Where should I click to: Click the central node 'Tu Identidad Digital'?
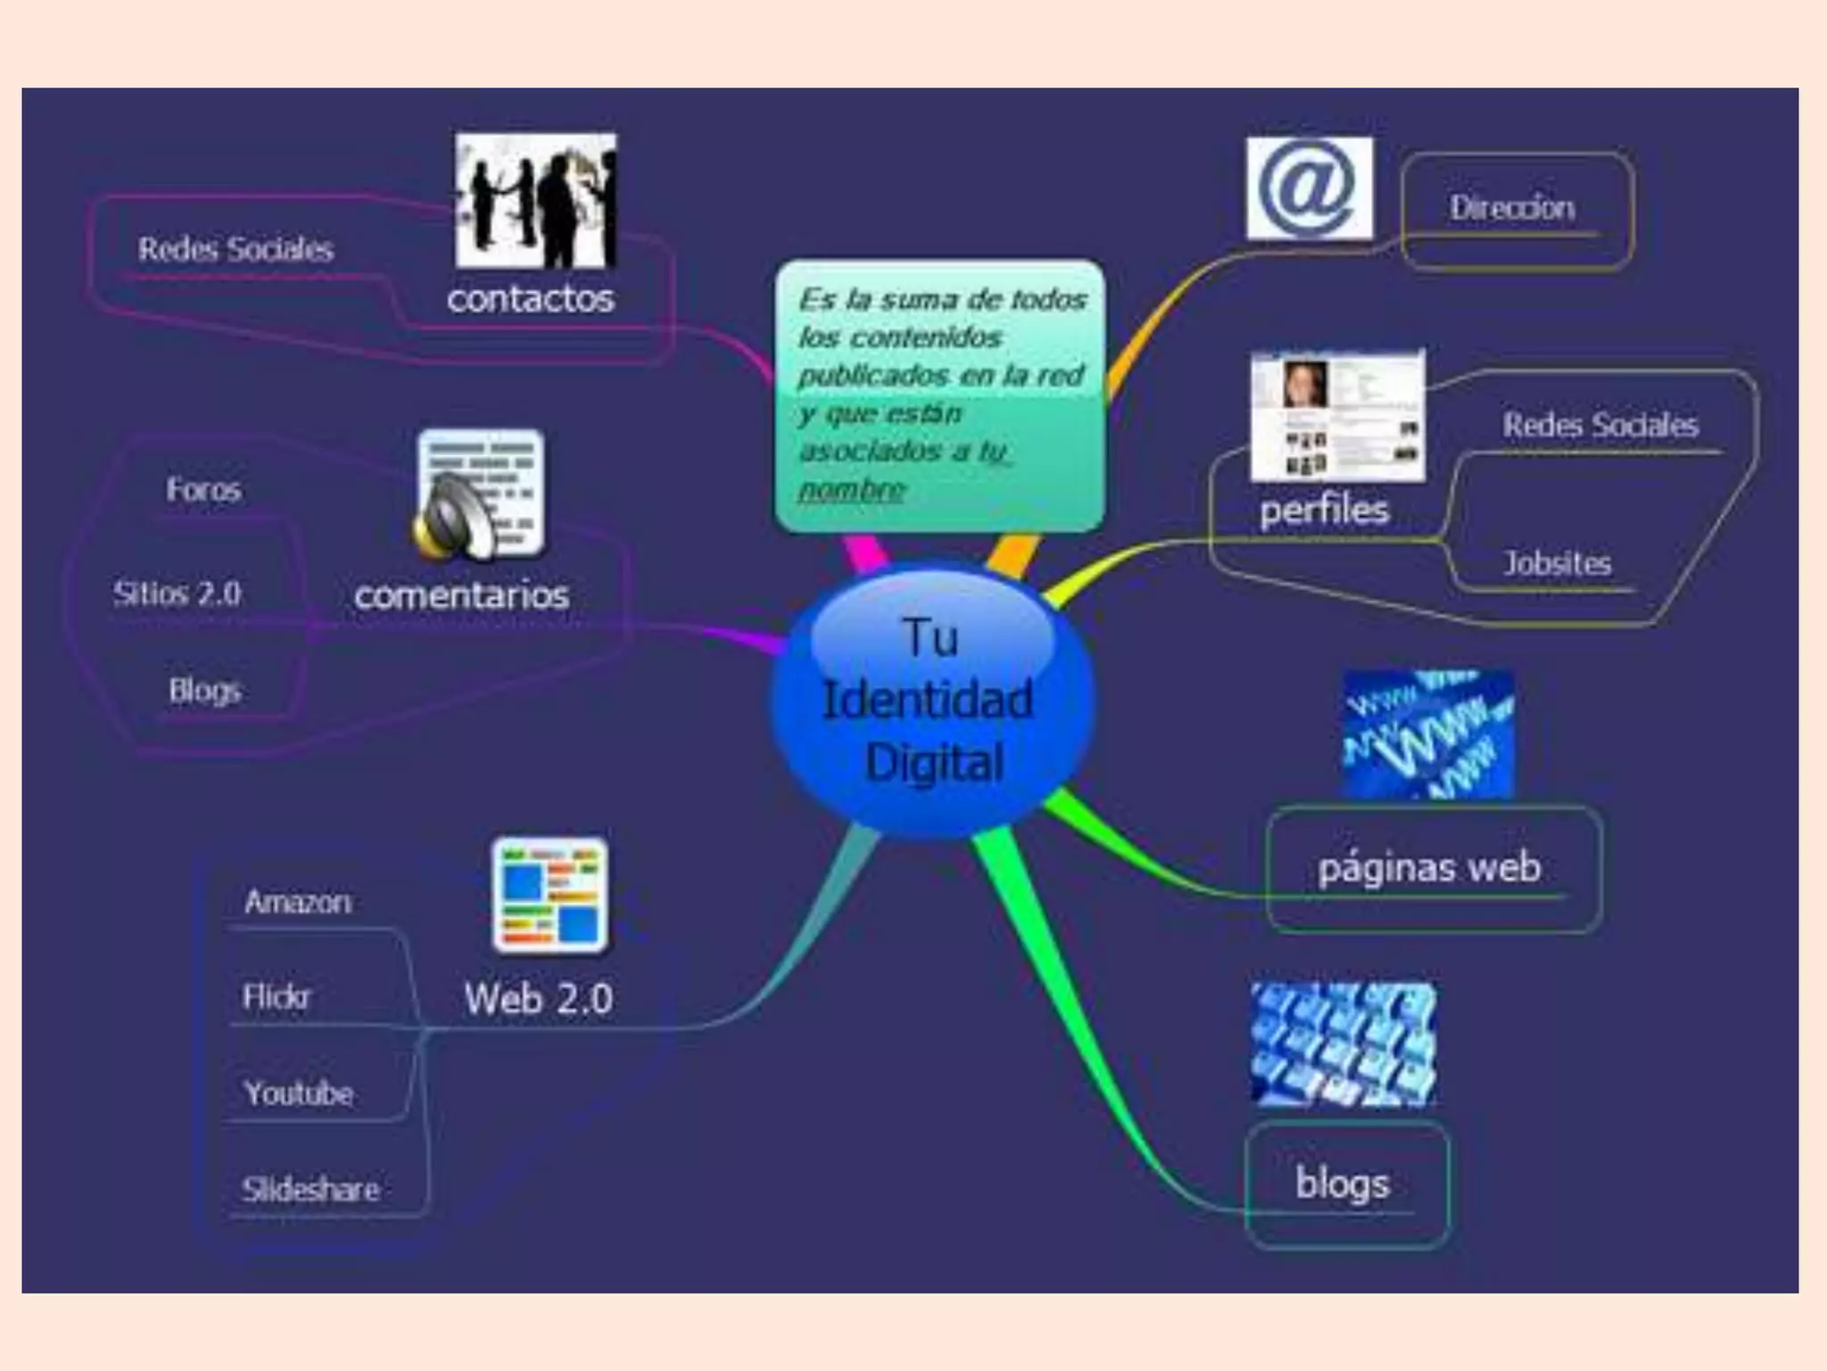932,701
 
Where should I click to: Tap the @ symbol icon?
1309,188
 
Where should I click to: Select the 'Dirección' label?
1511,208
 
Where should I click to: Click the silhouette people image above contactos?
535,201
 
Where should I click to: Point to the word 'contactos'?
530,298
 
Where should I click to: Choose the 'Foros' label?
203,489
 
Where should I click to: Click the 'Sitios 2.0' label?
177,594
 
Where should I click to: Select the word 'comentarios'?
461,595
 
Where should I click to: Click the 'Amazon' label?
298,902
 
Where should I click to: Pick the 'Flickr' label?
277,996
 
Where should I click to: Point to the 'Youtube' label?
299,1093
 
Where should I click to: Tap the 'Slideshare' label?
310,1189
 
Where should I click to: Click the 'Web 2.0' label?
538,999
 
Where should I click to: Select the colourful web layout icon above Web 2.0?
550,895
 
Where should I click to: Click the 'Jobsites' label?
1558,563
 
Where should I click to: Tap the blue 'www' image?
1427,734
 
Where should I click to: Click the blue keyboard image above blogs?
1343,1044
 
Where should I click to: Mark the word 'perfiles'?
1325,510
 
